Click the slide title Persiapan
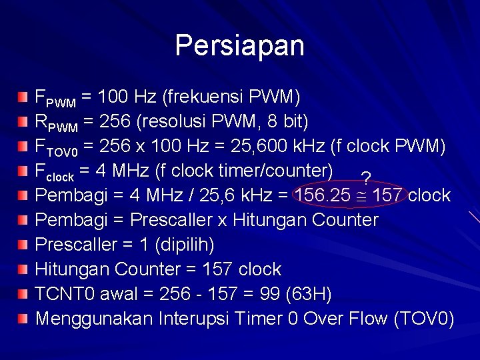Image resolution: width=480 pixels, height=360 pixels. coord(239,45)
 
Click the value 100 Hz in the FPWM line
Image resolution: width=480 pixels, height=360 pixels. coord(127,97)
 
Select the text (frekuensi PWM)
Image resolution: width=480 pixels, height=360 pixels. coord(231,97)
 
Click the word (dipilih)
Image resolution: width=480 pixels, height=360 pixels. coord(183,245)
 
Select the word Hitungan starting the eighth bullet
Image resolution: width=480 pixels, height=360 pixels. coord(72,269)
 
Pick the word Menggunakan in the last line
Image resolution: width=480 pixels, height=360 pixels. coord(94,319)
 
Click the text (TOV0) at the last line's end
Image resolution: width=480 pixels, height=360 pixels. coord(424,319)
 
